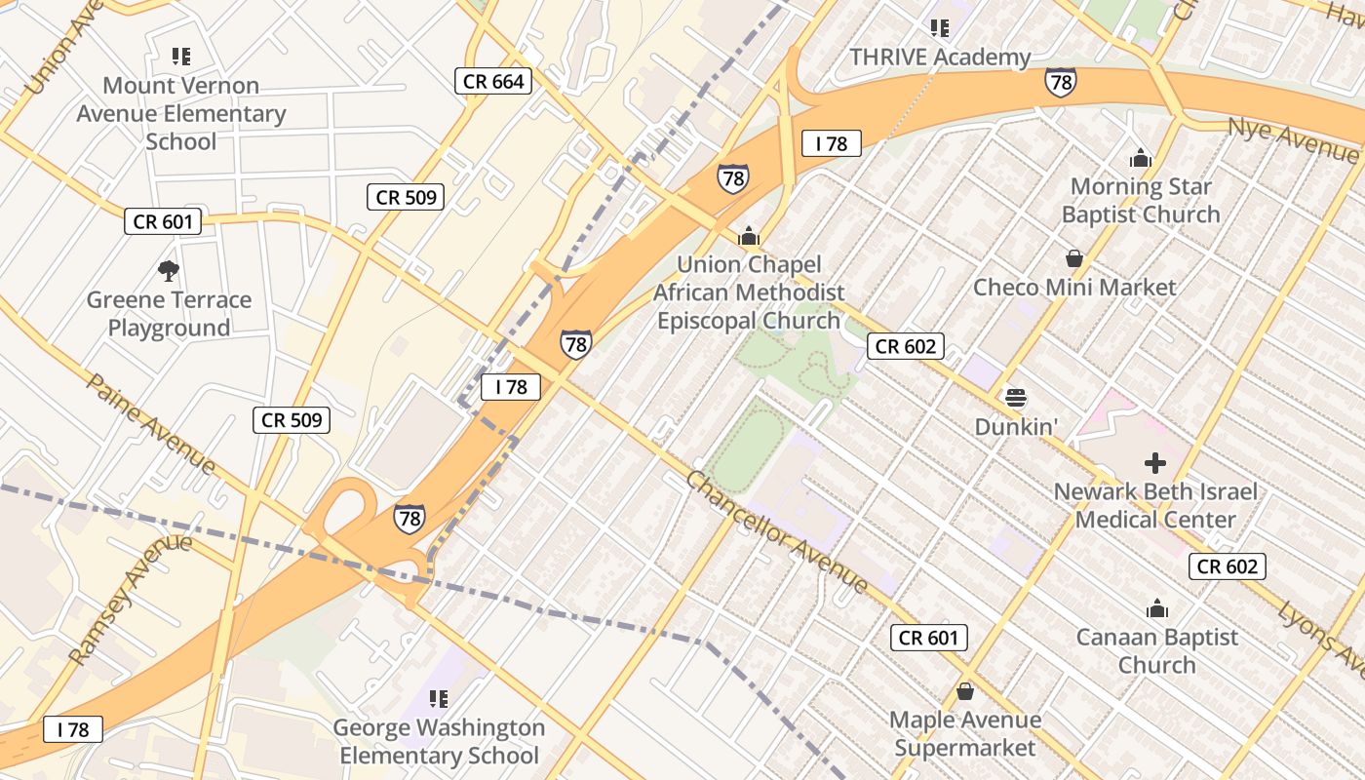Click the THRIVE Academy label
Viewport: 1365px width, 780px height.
pyautogui.click(x=940, y=58)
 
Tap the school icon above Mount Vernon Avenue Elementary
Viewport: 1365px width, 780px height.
pyautogui.click(x=180, y=57)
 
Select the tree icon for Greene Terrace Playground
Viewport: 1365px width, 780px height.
pyautogui.click(x=169, y=270)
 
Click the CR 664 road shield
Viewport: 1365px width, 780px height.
pyautogui.click(x=493, y=82)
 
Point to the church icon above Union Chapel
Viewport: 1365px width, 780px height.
pyautogui.click(x=749, y=235)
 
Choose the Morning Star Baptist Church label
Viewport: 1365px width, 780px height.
pyautogui.click(x=1141, y=200)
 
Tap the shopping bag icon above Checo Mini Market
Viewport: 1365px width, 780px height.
pyautogui.click(x=1074, y=258)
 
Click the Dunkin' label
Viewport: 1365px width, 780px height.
pyautogui.click(x=1017, y=427)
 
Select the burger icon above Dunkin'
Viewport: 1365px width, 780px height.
pyautogui.click(x=1016, y=398)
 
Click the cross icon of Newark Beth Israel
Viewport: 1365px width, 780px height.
pyautogui.click(x=1155, y=462)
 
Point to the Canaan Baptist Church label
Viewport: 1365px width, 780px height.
pyautogui.click(x=1157, y=651)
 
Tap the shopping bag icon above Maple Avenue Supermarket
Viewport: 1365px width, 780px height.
pyautogui.click(x=965, y=691)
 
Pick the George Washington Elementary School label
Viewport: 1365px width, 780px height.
pyautogui.click(x=439, y=742)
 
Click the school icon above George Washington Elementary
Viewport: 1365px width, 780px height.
pyautogui.click(x=439, y=698)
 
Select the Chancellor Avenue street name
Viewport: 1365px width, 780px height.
pyautogui.click(x=777, y=532)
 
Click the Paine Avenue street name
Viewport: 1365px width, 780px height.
pyautogui.click(x=151, y=422)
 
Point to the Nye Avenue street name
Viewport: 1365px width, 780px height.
pyautogui.click(x=1292, y=138)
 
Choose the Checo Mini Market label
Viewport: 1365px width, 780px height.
pyautogui.click(x=1074, y=288)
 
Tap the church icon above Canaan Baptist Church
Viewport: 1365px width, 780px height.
pyautogui.click(x=1157, y=609)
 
